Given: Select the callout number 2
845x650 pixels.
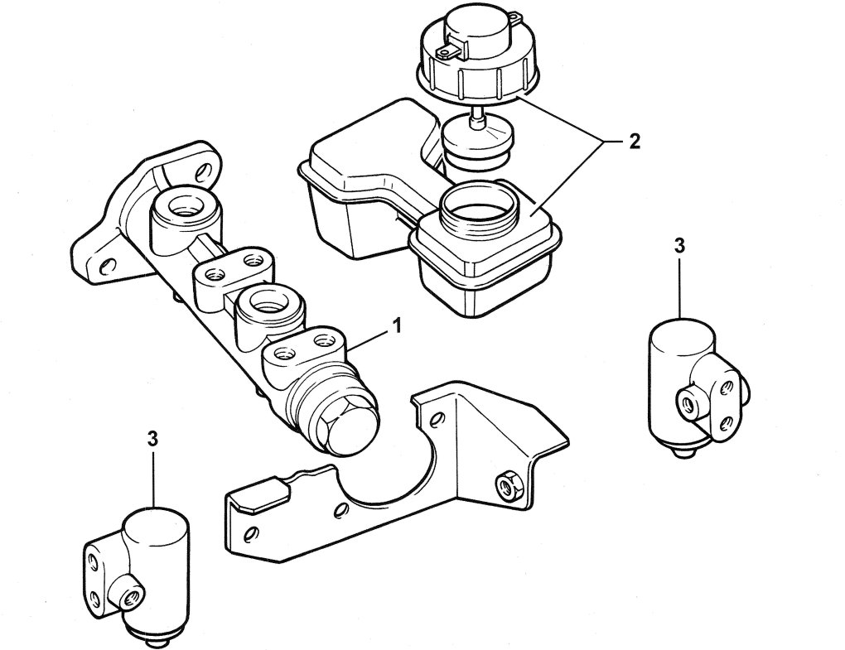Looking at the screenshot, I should click(x=633, y=142).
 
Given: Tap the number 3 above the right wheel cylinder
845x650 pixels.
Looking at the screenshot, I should click(x=679, y=245).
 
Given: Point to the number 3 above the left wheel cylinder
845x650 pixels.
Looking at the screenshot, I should click(x=152, y=440).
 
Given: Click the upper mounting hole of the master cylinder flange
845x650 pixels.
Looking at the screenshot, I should click(x=199, y=171).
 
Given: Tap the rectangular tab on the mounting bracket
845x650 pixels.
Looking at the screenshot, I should click(x=258, y=495).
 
